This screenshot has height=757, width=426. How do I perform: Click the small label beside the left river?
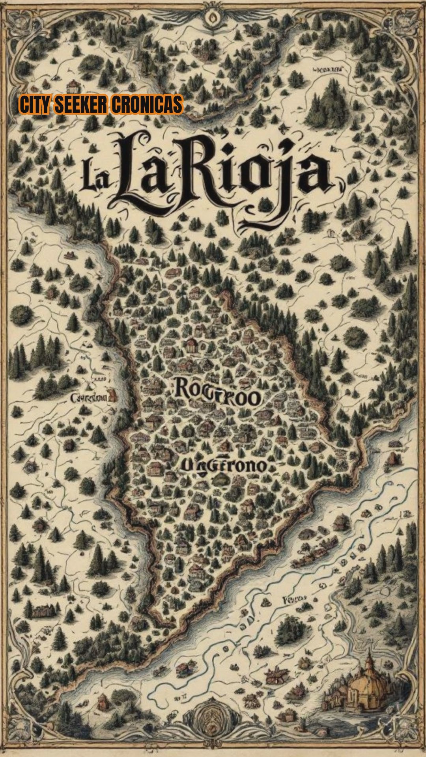click(x=90, y=397)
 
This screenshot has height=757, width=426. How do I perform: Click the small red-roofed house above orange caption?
click(x=73, y=85)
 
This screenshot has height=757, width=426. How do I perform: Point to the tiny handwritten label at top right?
click(x=327, y=70)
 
